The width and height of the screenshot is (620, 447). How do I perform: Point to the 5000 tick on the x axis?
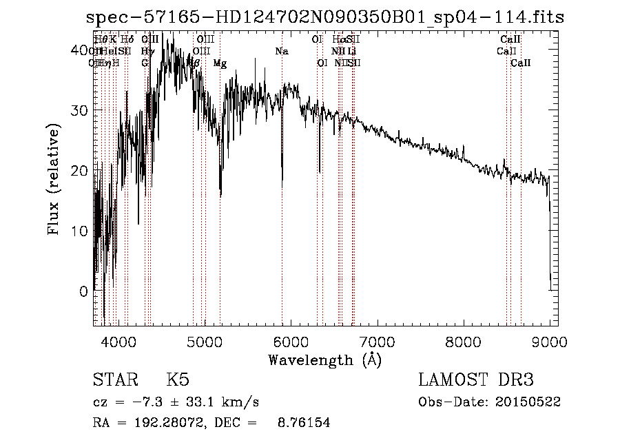point(204,341)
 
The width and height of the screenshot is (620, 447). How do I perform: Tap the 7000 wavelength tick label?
point(377,341)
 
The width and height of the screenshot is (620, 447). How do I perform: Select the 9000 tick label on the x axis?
point(549,341)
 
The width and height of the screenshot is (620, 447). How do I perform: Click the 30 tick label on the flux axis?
point(79,110)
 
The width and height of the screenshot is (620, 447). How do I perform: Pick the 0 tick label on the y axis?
point(84,291)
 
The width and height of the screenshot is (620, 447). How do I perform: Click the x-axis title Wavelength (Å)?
point(324,360)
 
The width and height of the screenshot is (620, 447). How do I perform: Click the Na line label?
point(281,52)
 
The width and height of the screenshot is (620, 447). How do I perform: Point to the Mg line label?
point(220,63)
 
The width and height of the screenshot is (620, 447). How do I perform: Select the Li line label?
point(351,52)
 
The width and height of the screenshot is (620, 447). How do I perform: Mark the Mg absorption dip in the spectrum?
point(220,193)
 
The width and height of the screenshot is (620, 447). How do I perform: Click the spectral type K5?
point(178,380)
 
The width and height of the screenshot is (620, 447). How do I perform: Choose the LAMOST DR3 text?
point(476,380)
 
